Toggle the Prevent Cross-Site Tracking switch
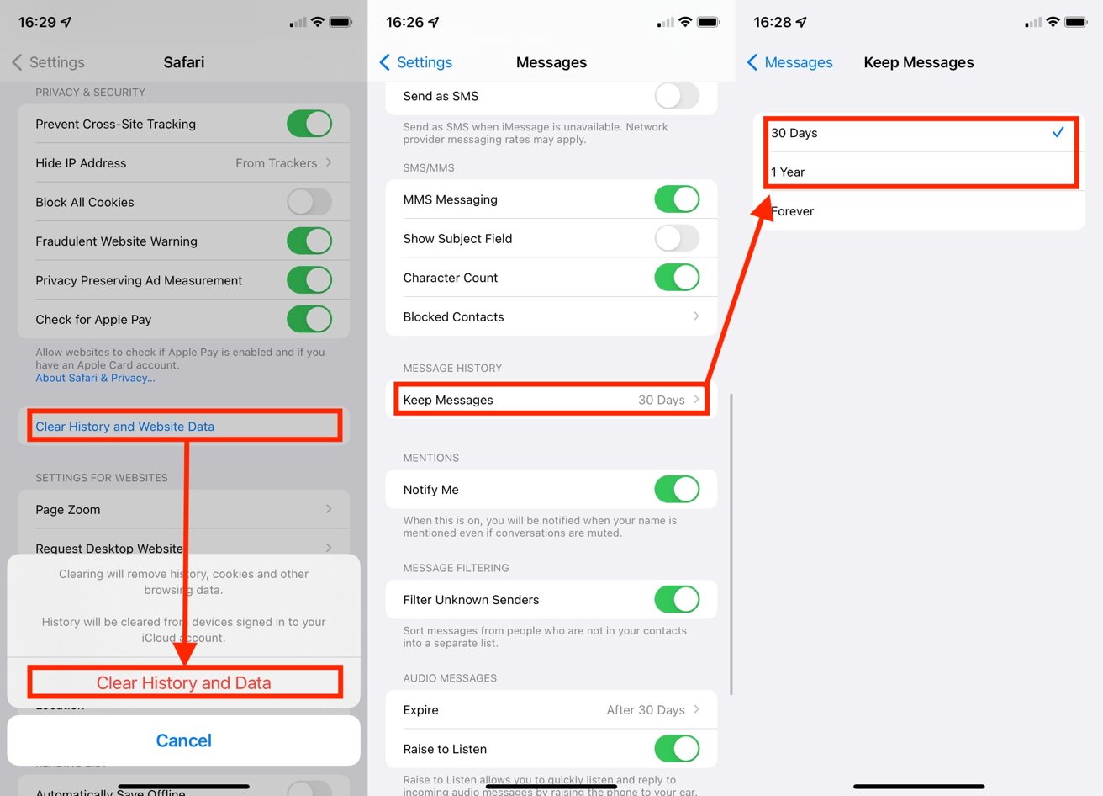(x=309, y=124)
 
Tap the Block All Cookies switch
(x=309, y=202)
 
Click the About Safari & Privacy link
(x=95, y=379)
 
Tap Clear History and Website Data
(x=124, y=427)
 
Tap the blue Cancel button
(x=183, y=740)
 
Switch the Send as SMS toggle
(x=676, y=96)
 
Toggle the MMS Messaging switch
(x=676, y=199)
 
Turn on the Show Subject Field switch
(x=676, y=239)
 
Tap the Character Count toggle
(x=676, y=278)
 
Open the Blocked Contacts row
(x=551, y=317)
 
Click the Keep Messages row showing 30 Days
(x=551, y=400)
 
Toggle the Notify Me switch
(x=676, y=490)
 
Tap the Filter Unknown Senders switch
(x=676, y=600)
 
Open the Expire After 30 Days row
(x=551, y=710)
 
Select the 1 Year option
(x=919, y=172)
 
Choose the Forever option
(x=919, y=211)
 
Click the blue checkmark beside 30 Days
(x=1058, y=132)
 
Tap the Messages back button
(x=789, y=62)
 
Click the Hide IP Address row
(x=183, y=163)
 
